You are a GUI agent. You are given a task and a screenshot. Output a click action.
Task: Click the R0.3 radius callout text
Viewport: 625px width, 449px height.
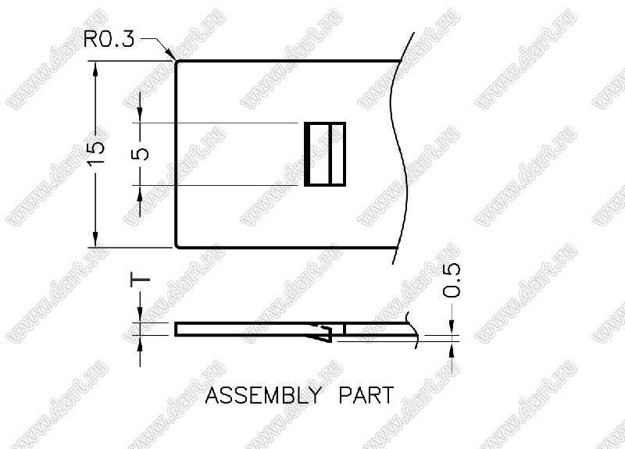[x=109, y=40]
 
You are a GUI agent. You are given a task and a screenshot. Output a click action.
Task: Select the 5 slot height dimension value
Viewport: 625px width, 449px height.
[x=140, y=153]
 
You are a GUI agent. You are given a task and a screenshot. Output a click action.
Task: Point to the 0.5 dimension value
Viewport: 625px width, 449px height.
[x=452, y=280]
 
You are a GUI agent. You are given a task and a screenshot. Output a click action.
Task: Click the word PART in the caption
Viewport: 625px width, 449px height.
[x=366, y=395]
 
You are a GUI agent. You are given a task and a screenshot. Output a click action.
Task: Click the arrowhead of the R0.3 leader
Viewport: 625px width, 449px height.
[x=170, y=54]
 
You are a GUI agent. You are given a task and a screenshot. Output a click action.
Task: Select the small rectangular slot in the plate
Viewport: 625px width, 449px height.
[x=325, y=154]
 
